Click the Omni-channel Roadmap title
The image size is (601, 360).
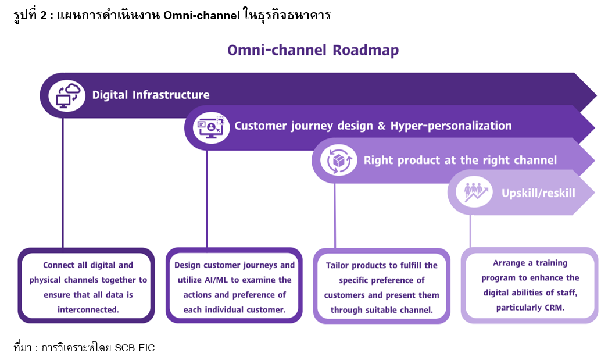click(x=313, y=50)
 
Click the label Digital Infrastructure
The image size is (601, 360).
click(x=151, y=95)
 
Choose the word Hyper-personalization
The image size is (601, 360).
click(x=451, y=126)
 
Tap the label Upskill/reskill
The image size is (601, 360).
click(x=538, y=192)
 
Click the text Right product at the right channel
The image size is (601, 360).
click(x=460, y=160)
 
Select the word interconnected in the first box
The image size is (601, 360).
click(x=88, y=309)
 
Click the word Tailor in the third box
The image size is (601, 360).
click(x=339, y=265)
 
